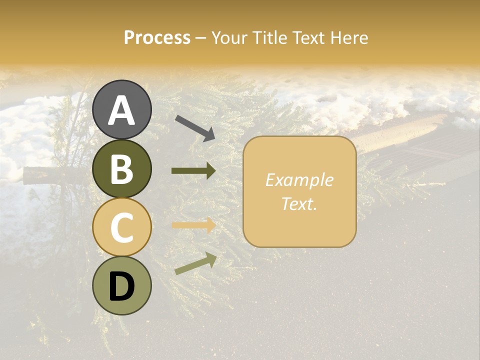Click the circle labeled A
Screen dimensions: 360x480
pyautogui.click(x=121, y=110)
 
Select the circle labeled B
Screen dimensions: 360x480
pyautogui.click(x=121, y=168)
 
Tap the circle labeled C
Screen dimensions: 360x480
pyautogui.click(x=121, y=227)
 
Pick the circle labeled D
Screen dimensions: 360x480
pyautogui.click(x=121, y=285)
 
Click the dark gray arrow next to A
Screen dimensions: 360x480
pyautogui.click(x=195, y=127)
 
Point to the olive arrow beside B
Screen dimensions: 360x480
pyautogui.click(x=193, y=171)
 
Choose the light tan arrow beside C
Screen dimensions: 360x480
pyautogui.click(x=193, y=225)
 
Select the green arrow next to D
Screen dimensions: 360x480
pyautogui.click(x=195, y=263)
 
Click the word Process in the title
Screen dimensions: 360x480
pyautogui.click(x=157, y=38)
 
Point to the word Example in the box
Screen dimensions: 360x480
pyautogui.click(x=299, y=180)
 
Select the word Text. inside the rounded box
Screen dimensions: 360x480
pyautogui.click(x=299, y=203)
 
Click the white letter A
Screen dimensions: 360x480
pyautogui.click(x=121, y=110)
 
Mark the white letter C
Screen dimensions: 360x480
pyautogui.click(x=121, y=227)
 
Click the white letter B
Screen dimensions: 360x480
pyautogui.click(x=121, y=168)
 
